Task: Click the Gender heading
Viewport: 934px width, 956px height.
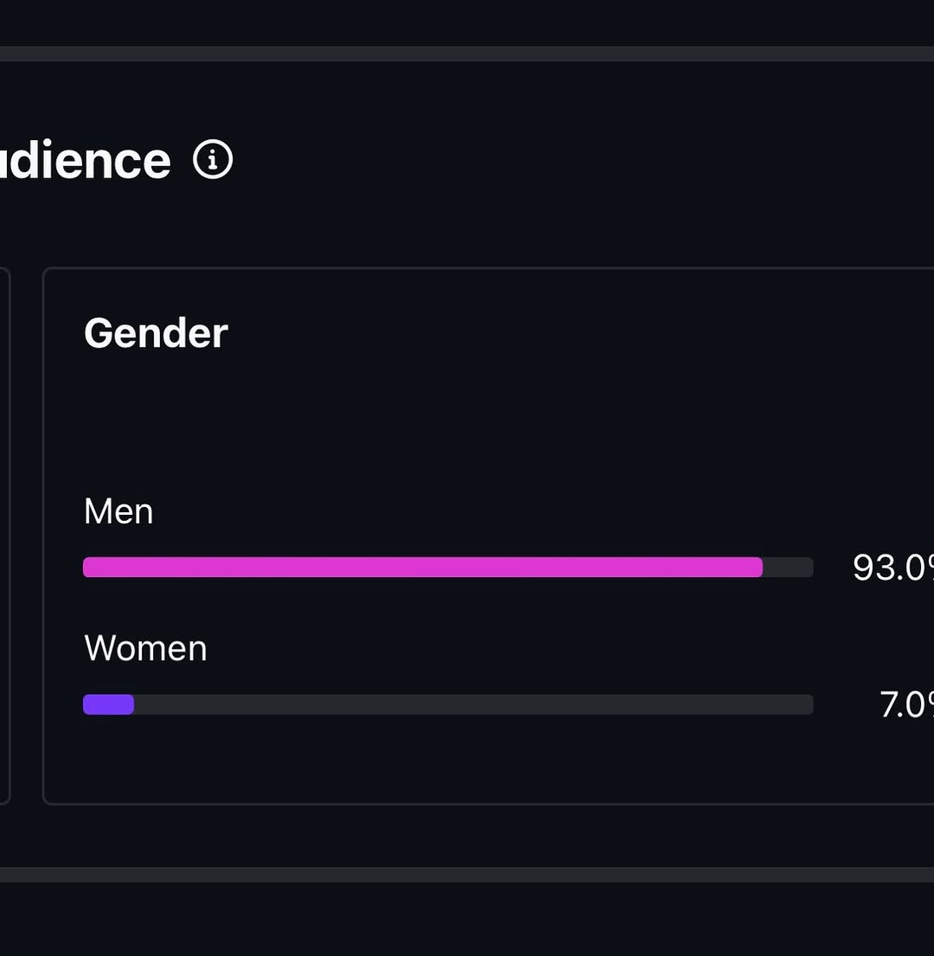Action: [x=156, y=333]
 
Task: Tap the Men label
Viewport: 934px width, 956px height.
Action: [x=118, y=511]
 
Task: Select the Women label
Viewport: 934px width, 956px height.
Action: [x=145, y=648]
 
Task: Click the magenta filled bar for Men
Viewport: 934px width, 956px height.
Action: [x=422, y=568]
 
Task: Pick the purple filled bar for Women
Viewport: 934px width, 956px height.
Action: [x=108, y=705]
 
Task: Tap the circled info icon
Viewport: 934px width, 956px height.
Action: [x=213, y=160]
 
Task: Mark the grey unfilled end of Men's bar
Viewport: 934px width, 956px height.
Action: [x=788, y=568]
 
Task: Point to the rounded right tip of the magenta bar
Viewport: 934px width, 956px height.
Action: [x=758, y=568]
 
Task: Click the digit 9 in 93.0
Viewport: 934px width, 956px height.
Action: [x=863, y=568]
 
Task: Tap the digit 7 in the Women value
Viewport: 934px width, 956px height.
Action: [x=890, y=705]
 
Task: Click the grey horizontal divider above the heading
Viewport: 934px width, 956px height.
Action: [x=467, y=54]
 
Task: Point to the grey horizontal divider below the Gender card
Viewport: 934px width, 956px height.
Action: [x=467, y=875]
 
